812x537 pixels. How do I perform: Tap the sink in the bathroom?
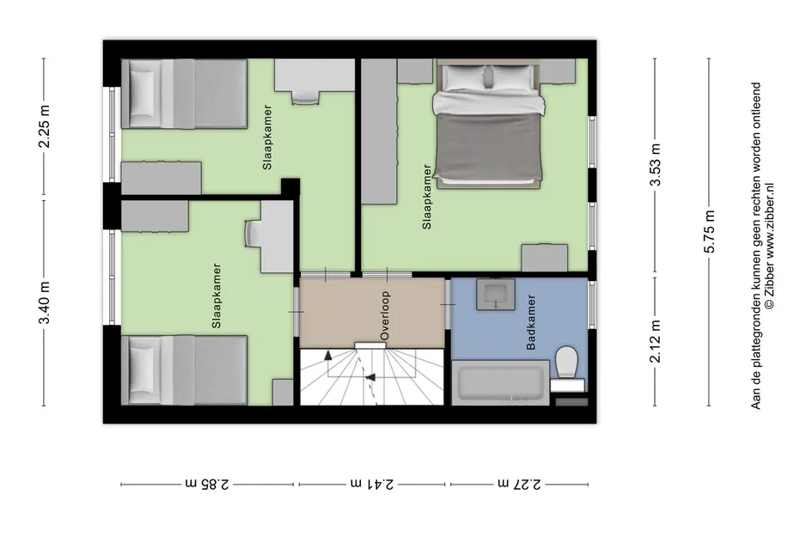coord(496,294)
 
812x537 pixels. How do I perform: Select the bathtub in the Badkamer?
coord(500,382)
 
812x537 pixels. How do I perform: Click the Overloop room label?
coord(384,316)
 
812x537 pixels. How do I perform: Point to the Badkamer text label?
coord(531,322)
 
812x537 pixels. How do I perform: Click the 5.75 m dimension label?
coord(709,231)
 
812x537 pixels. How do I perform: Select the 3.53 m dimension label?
coord(656,165)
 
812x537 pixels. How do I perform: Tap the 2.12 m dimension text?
coord(656,341)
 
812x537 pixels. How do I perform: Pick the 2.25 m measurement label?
coord(45,126)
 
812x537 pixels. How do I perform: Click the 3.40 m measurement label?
coord(45,303)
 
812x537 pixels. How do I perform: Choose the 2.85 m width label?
coord(207,484)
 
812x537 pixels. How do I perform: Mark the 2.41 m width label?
coord(372,484)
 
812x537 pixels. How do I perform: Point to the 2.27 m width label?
coord(519,484)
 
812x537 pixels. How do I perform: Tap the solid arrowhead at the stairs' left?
coord(327,355)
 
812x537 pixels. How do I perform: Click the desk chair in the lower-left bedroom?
coord(253,234)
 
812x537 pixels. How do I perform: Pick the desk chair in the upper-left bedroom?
coord(306,97)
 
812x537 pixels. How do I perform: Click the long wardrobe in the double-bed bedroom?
coord(379,131)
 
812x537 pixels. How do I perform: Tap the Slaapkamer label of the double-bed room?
coord(427,197)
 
